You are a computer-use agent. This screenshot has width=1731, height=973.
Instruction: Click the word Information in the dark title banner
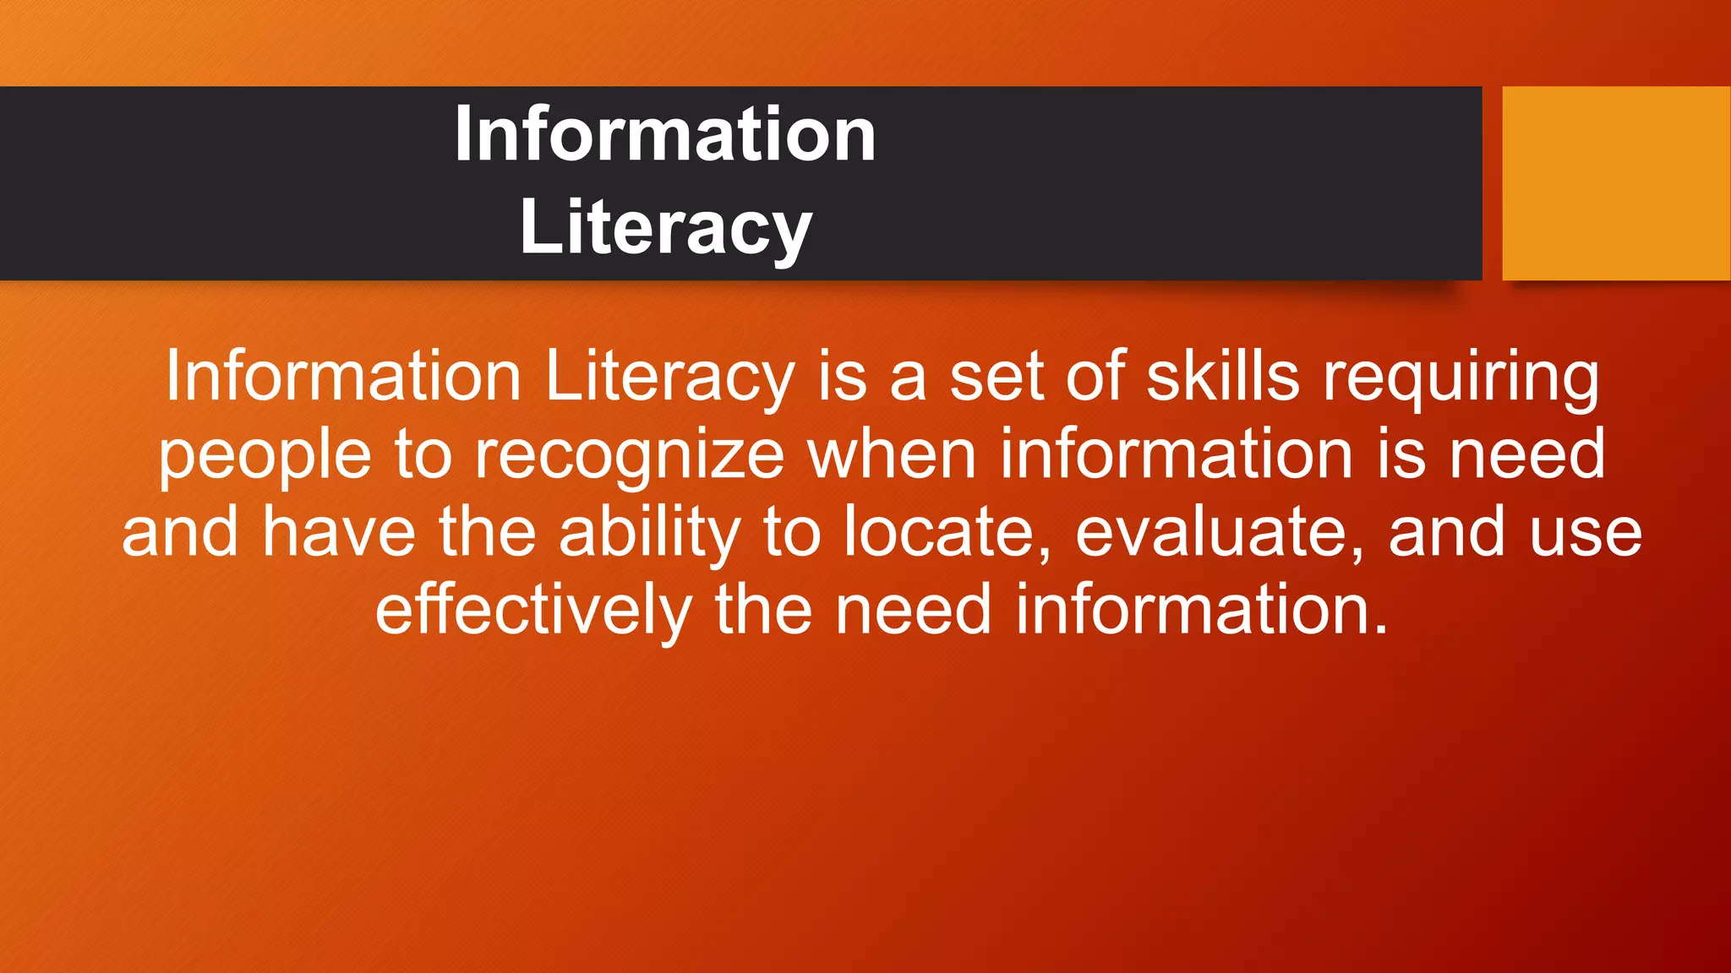664,135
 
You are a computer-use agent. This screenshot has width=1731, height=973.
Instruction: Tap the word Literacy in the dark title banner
666,227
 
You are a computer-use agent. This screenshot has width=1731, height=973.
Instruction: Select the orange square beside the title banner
1616,183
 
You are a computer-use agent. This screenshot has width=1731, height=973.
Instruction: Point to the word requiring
1461,378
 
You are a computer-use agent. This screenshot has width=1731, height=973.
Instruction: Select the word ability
649,533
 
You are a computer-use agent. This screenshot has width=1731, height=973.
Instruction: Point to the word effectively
533,610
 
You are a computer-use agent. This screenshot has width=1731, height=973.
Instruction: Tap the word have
338,533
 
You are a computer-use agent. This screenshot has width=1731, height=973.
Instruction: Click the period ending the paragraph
1381,628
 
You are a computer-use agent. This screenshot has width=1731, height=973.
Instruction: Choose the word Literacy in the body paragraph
670,378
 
